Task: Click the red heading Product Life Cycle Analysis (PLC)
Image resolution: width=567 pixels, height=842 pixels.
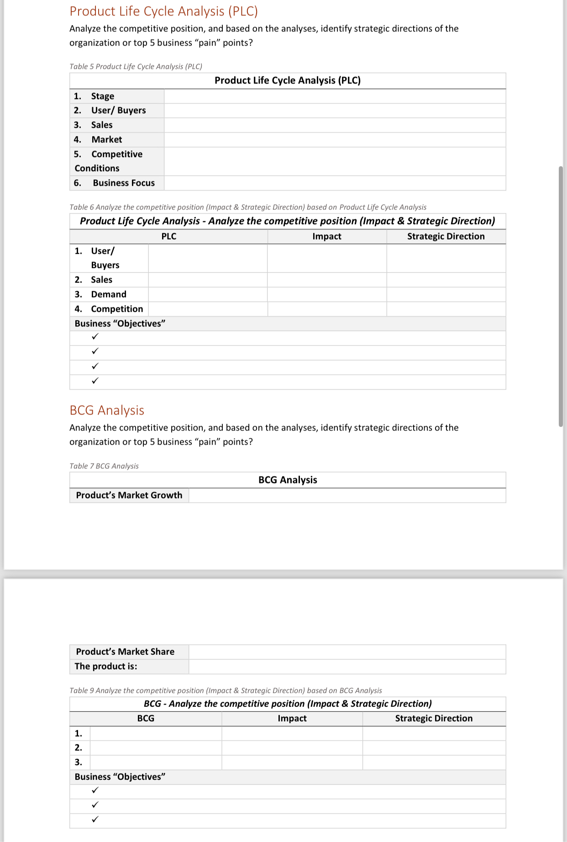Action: coord(163,11)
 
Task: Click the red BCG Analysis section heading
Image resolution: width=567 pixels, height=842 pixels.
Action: coord(107,410)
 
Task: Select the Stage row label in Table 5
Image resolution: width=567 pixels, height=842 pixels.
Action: coord(102,96)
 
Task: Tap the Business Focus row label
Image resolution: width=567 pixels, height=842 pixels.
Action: coord(123,183)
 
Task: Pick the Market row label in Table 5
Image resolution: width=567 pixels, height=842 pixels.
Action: coord(106,140)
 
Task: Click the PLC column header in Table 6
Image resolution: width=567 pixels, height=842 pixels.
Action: coord(168,237)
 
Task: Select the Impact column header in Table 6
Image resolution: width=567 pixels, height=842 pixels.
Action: coord(326,237)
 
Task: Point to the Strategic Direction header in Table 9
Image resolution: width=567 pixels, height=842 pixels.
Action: coord(434,718)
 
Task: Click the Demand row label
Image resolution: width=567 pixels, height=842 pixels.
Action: coord(108,295)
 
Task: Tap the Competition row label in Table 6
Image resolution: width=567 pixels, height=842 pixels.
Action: coord(116,309)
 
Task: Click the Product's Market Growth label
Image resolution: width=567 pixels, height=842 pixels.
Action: coord(129,495)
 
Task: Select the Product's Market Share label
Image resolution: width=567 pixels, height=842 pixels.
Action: coord(125,652)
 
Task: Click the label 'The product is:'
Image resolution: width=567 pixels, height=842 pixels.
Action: coord(106,666)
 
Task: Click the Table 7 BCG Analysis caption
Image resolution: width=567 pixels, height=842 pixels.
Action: coord(104,466)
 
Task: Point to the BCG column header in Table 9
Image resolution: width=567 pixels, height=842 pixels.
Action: coord(146,718)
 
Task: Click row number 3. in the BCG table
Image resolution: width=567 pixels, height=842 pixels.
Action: coord(79,762)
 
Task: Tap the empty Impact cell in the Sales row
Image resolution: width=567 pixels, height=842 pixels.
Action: coord(326,280)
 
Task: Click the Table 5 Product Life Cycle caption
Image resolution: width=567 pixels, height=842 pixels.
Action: coord(136,67)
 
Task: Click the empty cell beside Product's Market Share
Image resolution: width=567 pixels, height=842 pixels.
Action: coord(347,652)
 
